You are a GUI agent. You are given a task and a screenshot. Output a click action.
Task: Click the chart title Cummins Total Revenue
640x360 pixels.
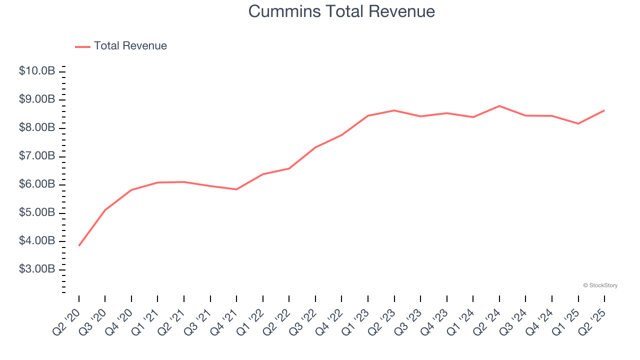pyautogui.click(x=341, y=11)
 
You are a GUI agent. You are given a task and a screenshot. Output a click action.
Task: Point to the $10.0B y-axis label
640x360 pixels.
pyautogui.click(x=37, y=71)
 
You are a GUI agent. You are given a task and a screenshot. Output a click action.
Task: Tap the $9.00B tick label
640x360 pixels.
pyautogui.click(x=37, y=99)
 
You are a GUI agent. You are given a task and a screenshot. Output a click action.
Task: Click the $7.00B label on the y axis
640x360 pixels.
pyautogui.click(x=37, y=156)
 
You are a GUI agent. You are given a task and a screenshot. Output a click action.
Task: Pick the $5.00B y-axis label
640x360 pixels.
pyautogui.click(x=37, y=213)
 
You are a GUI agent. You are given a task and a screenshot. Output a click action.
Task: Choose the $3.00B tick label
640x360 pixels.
pyautogui.click(x=37, y=269)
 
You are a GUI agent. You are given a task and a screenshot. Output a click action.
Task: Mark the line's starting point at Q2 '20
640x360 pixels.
pyautogui.click(x=79, y=245)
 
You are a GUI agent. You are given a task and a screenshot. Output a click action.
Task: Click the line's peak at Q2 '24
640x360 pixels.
pyautogui.click(x=499, y=106)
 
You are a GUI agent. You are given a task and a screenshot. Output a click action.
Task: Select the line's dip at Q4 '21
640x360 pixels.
pyautogui.click(x=236, y=189)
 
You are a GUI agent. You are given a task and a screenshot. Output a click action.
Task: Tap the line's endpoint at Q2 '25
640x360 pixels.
pyautogui.click(x=604, y=110)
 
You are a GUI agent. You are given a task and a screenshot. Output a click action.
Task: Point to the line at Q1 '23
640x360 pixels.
pyautogui.click(x=368, y=115)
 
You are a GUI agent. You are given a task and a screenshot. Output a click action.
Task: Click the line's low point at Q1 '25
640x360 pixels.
pyautogui.click(x=578, y=123)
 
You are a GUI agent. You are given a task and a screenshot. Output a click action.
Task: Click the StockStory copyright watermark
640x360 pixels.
pyautogui.click(x=600, y=285)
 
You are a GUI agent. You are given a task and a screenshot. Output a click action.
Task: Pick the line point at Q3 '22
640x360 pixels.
pyautogui.click(x=315, y=147)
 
